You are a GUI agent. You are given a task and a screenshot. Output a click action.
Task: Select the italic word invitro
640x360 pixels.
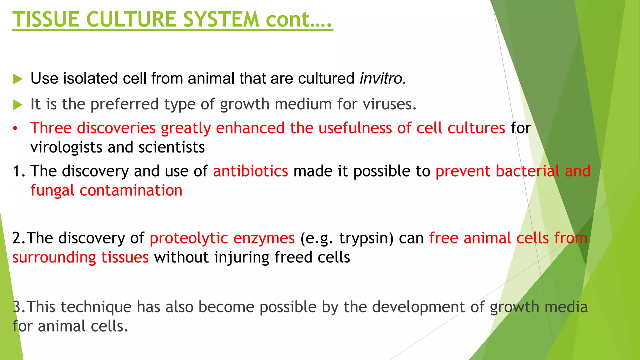point(382,78)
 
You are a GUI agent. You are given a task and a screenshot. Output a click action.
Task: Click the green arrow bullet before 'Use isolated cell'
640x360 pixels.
point(18,79)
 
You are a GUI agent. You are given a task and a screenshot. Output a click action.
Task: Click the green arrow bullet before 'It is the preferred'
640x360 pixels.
point(18,105)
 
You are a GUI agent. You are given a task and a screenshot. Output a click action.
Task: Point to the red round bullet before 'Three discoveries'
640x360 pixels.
point(15,129)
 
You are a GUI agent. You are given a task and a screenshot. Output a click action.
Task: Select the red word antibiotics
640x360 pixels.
point(250,171)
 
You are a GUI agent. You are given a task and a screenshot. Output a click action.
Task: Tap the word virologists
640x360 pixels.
point(66,147)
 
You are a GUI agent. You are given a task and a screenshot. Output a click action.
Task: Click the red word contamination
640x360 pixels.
point(131,190)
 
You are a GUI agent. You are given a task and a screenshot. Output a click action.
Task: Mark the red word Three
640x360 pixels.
point(51,128)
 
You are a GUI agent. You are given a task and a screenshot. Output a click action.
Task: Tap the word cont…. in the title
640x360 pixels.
point(298,19)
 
